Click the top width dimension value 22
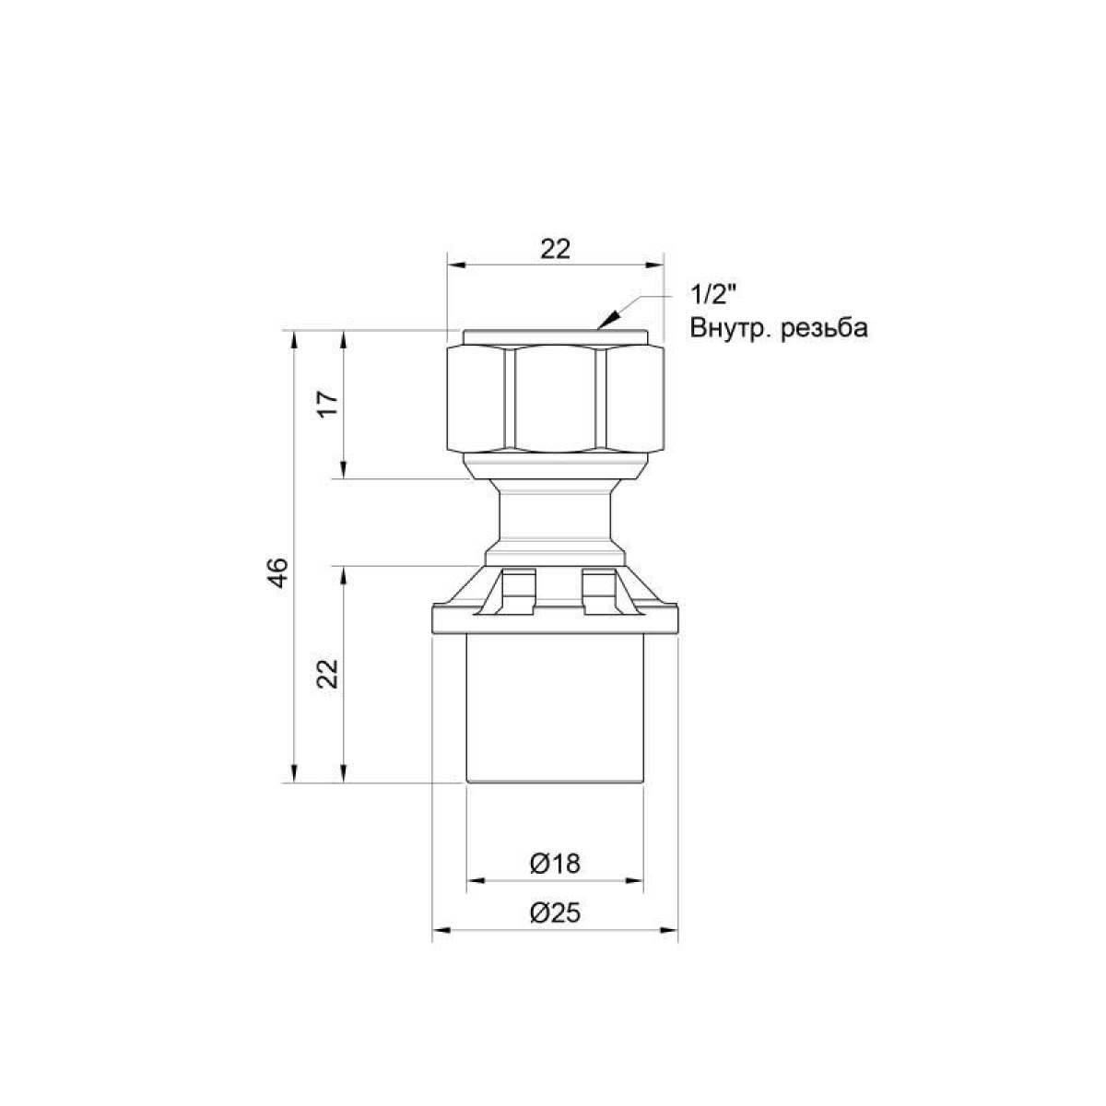pos(555,249)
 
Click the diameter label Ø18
pos(555,864)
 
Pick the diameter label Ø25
pos(555,913)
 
